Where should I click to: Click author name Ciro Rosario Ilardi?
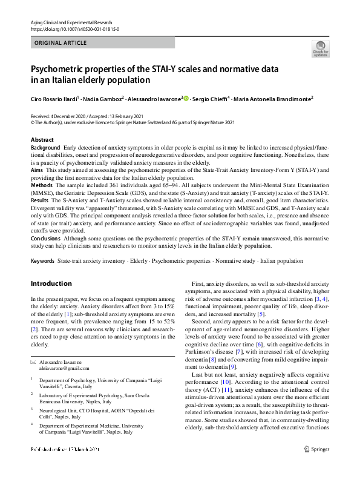coord(56,99)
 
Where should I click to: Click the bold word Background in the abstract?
coord(45,148)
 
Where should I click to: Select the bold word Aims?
coord(37,171)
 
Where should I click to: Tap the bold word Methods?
coord(41,187)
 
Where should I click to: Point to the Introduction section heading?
coord(51,283)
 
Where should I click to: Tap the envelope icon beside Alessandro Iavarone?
coord(33,361)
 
